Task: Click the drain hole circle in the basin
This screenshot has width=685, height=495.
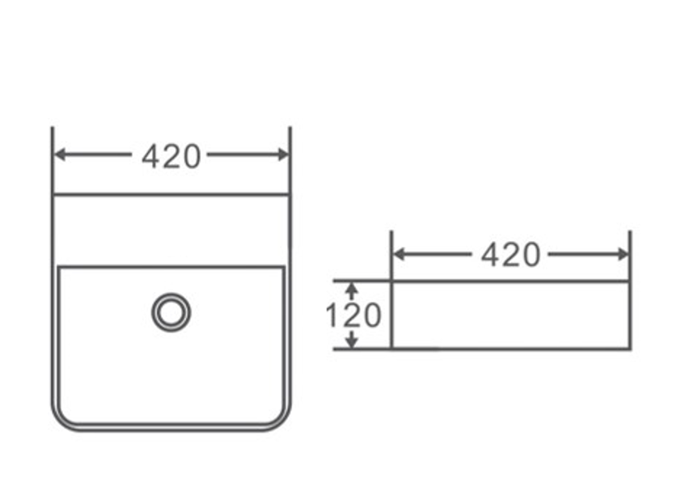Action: coord(171,312)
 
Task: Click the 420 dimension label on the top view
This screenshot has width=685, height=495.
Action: coord(171,156)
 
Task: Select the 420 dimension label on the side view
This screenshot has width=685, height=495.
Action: coord(510,256)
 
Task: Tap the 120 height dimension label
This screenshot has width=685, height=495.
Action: coord(353,315)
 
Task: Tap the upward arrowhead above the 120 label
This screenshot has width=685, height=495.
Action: coord(351,287)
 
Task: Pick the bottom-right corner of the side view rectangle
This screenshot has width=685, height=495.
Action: coord(629,349)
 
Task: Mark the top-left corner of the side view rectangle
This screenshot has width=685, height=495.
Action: coord(391,281)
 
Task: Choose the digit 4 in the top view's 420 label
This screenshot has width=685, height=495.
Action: coord(151,156)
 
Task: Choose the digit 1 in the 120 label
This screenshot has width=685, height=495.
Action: coord(331,315)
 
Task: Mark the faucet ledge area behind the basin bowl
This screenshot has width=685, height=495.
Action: coord(171,230)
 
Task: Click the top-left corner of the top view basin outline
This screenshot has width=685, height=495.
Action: coord(53,195)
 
